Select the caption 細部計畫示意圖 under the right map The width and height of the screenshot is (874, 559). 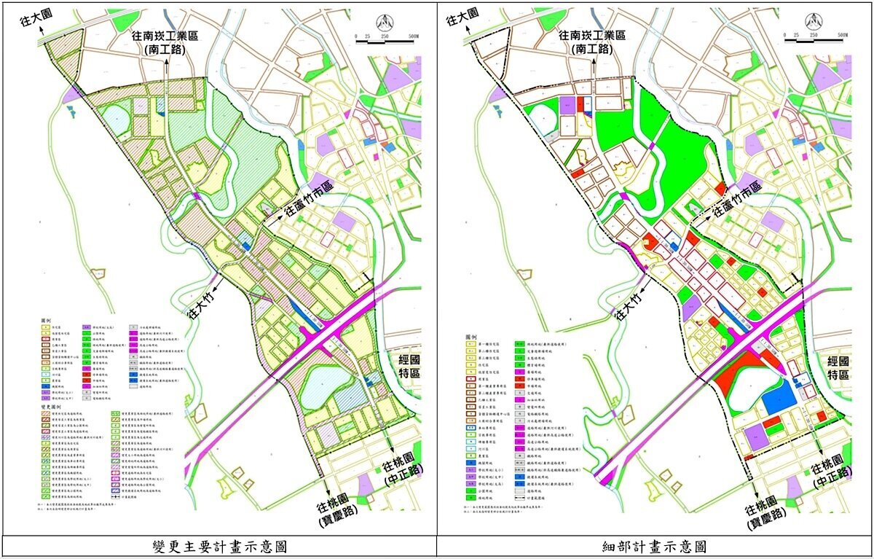pyautogui.click(x=655, y=547)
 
